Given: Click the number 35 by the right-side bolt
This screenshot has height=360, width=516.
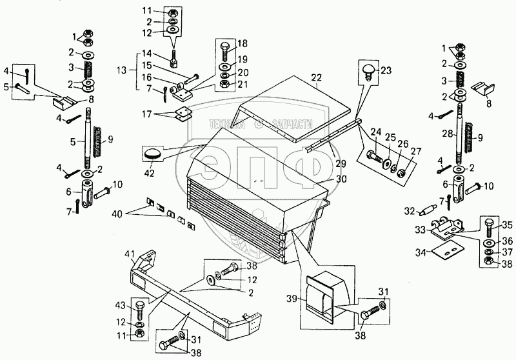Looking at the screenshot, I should pyautogui.click(x=508, y=226).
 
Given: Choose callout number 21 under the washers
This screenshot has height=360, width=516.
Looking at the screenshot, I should pyautogui.click(x=242, y=85).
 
